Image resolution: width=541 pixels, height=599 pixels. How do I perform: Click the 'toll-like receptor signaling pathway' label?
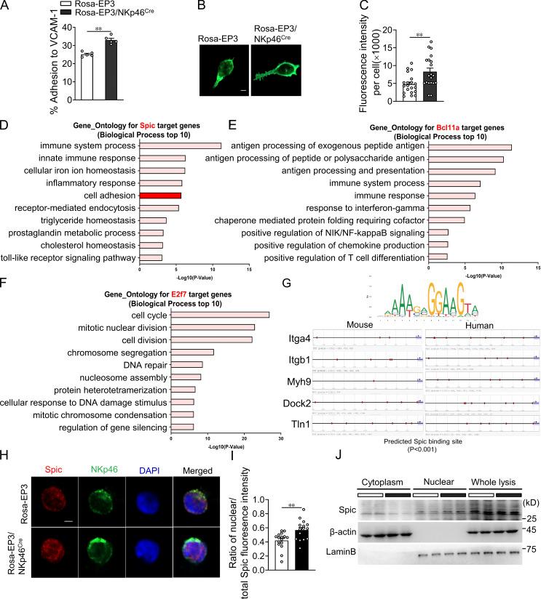pyautogui.click(x=71, y=257)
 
